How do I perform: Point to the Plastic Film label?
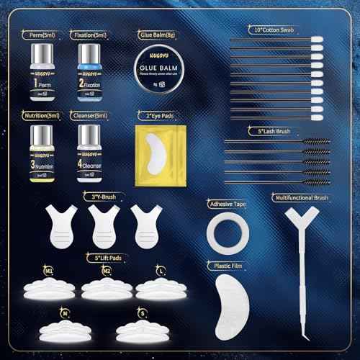click(223, 265)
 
